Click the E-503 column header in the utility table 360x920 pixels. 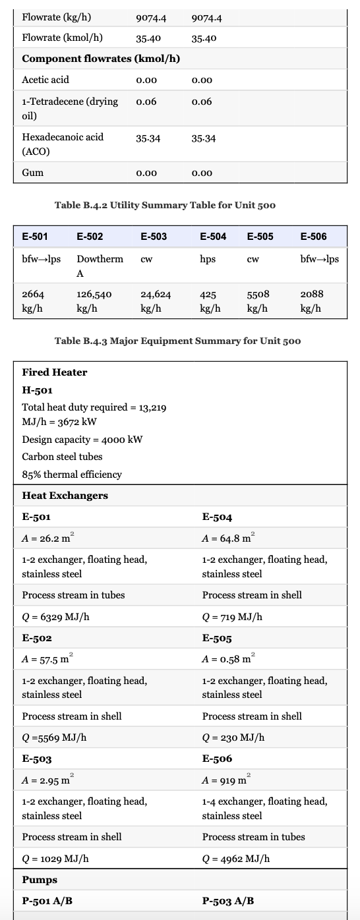pyautogui.click(x=154, y=236)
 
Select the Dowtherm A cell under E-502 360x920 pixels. pyautogui.click(x=100, y=266)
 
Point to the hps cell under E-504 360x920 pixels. pyautogui.click(x=208, y=259)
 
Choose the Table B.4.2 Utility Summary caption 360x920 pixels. pyautogui.click(x=165, y=205)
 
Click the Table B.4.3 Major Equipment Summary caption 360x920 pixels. pyautogui.click(x=177, y=341)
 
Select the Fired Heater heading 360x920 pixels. pyautogui.click(x=55, y=372)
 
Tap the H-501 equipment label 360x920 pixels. pyautogui.click(x=38, y=389)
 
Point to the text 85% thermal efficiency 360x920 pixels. pyautogui.click(x=63, y=474)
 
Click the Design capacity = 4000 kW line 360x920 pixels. pyautogui.click(x=82, y=440)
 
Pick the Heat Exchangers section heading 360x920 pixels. pyautogui.click(x=65, y=496)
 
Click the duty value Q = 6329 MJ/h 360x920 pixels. pyautogui.click(x=56, y=618)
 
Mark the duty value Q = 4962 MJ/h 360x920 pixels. pyautogui.click(x=235, y=859)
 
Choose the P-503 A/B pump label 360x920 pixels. pyautogui.click(x=227, y=901)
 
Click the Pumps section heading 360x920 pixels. pyautogui.click(x=40, y=880)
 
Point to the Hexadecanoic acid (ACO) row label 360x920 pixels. pyautogui.click(x=63, y=144)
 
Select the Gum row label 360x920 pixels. pyautogui.click(x=33, y=173)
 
